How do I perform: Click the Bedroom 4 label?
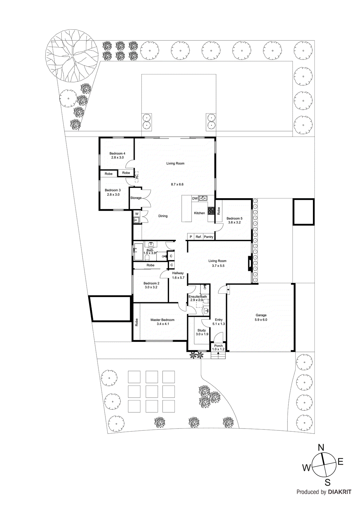117,153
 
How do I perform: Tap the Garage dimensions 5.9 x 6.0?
261,320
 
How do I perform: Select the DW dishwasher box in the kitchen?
195,198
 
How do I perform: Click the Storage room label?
136,198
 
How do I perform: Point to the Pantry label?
208,237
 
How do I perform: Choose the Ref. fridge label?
199,237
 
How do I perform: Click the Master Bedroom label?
162,320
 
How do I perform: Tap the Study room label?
201,330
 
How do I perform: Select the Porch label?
218,345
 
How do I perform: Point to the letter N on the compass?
321,448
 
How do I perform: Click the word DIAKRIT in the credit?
340,492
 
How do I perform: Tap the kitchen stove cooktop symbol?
211,210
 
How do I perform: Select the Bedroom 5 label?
234,218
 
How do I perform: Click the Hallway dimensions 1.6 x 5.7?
178,278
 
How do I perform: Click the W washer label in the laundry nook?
137,214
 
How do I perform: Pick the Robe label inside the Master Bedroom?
137,322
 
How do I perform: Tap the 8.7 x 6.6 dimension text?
177,184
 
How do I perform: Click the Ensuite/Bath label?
198,296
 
